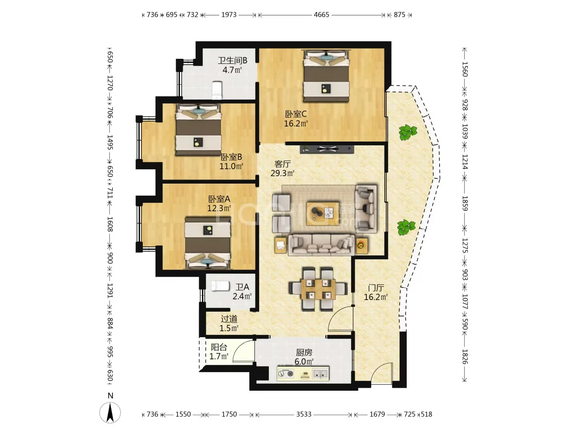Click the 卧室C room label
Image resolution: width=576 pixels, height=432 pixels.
(296, 114)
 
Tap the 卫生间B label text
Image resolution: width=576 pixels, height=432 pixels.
(232, 60)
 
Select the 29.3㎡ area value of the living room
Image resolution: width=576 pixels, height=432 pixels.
(282, 173)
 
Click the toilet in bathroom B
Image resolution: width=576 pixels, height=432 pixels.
(217, 90)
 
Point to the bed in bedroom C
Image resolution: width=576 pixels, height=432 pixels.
(326, 76)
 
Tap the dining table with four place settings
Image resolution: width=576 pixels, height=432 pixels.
(318, 289)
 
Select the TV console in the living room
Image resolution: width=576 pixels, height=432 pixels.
(327, 149)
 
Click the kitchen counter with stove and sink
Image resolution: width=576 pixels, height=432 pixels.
(303, 374)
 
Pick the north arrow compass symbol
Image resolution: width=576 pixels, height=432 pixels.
(110, 412)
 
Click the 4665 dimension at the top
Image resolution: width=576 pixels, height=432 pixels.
(321, 15)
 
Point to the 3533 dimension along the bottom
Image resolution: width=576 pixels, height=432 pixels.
(304, 414)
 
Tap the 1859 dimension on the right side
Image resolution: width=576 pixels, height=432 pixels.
(464, 203)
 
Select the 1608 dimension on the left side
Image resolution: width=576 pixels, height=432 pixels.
(110, 224)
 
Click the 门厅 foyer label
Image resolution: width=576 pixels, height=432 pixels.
(376, 288)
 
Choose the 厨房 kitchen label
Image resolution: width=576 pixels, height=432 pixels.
(304, 352)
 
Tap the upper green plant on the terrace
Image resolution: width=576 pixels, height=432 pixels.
(407, 132)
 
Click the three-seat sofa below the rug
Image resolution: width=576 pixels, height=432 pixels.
(322, 245)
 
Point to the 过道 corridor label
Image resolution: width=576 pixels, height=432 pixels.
(229, 319)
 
